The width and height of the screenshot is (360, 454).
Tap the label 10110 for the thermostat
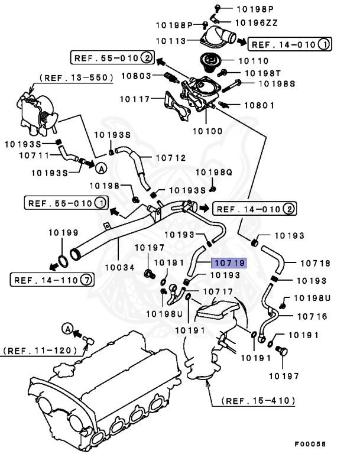point(252,60)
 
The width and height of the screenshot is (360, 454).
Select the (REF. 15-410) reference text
point(259,400)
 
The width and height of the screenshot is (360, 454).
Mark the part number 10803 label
point(138,76)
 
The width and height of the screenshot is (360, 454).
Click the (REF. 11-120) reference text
point(40,350)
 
